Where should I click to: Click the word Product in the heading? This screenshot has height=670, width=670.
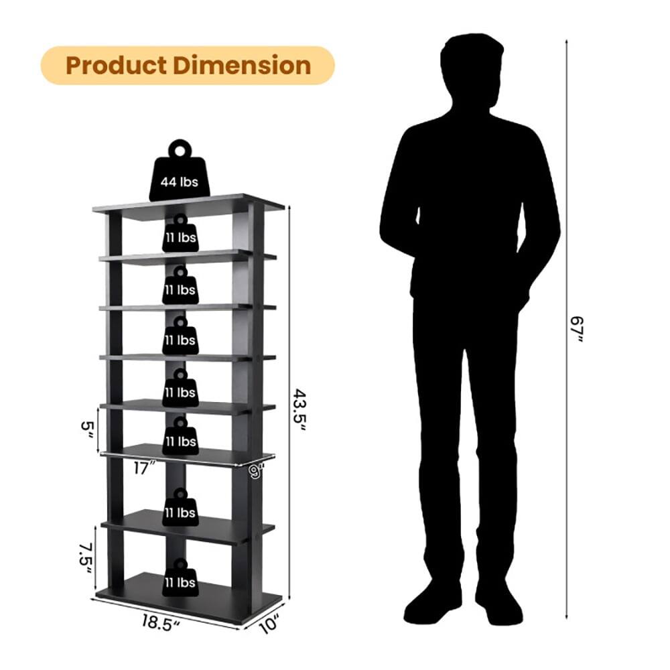point(116,66)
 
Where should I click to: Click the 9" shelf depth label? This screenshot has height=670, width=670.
point(255,470)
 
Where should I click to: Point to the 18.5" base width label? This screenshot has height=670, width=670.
point(161,622)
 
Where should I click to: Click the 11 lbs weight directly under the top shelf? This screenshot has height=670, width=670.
point(180,234)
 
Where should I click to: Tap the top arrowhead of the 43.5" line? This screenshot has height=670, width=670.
point(289,208)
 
